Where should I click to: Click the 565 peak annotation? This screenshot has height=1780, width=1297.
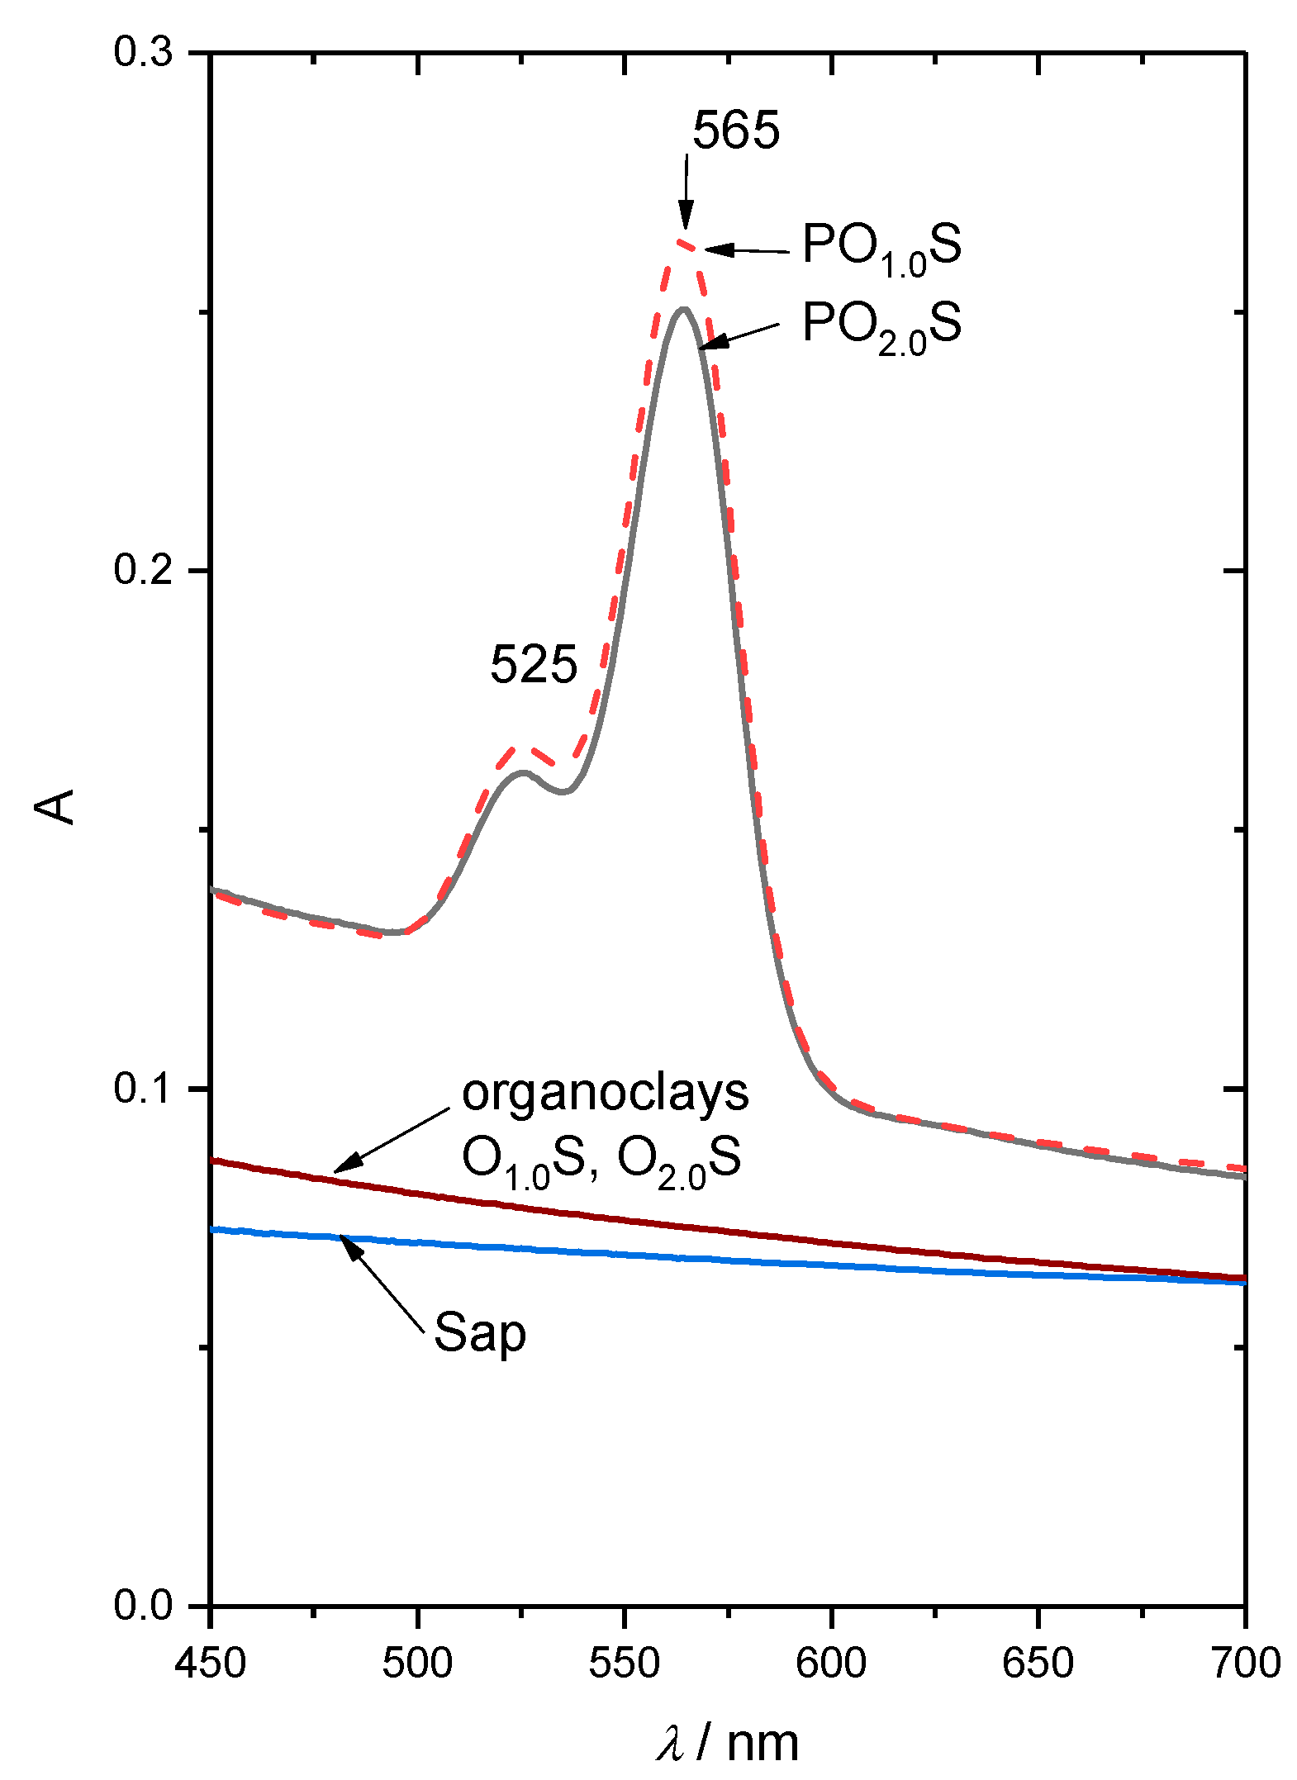[735, 131]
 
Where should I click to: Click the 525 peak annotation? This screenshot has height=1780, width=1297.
[533, 664]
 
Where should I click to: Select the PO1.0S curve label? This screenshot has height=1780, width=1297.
[881, 248]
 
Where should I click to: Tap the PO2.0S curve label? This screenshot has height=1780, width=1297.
[881, 325]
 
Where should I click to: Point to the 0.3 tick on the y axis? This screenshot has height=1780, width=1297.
[143, 52]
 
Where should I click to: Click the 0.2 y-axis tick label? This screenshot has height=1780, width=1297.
[143, 570]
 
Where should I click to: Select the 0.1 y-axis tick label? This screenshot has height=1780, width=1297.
[143, 1088]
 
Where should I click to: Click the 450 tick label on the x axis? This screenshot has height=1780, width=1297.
[211, 1663]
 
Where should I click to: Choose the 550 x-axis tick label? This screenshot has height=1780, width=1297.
[624, 1663]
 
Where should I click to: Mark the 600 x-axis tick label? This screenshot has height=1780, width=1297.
[831, 1663]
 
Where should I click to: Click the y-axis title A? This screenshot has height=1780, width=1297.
[55, 807]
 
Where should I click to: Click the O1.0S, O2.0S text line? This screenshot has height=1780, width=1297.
[601, 1161]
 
